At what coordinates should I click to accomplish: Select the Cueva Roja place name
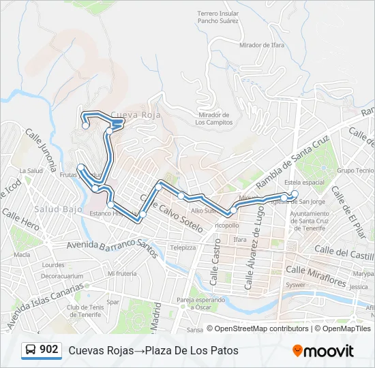tap(135, 115)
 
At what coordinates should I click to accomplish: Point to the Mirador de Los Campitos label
tap(213, 119)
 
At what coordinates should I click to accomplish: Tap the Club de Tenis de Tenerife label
tap(86, 310)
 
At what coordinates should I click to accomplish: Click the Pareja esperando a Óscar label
tap(200, 303)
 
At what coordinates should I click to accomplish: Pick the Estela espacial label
tap(304, 183)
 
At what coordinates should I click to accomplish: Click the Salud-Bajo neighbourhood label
tap(55, 208)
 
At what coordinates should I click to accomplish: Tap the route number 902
tap(48, 350)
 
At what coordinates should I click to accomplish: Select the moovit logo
tap(323, 351)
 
